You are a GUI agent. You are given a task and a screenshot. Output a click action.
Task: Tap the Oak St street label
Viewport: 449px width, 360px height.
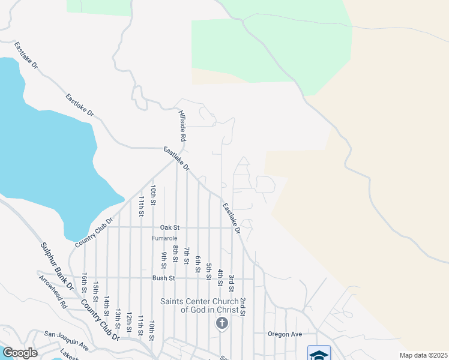tap(170, 228)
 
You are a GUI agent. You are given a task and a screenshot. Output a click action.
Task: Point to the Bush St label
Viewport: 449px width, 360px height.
tap(163, 278)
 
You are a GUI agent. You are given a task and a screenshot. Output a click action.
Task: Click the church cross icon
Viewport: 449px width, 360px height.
tap(221, 324)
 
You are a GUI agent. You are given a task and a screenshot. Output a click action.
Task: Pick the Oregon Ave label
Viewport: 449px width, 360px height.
tap(285, 334)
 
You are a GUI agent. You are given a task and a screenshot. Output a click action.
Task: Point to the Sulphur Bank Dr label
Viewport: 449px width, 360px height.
tap(56, 266)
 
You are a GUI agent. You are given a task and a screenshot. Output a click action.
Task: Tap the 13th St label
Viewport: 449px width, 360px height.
tap(118, 321)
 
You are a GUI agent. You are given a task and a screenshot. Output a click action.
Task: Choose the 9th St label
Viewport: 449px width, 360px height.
tap(163, 259)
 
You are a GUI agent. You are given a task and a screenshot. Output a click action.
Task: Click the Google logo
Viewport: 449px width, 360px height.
tap(20, 353)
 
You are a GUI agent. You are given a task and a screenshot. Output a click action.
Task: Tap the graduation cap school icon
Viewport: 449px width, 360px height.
tap(319, 354)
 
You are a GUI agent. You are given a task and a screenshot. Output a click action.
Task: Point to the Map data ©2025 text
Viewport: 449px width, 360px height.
tap(423, 355)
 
